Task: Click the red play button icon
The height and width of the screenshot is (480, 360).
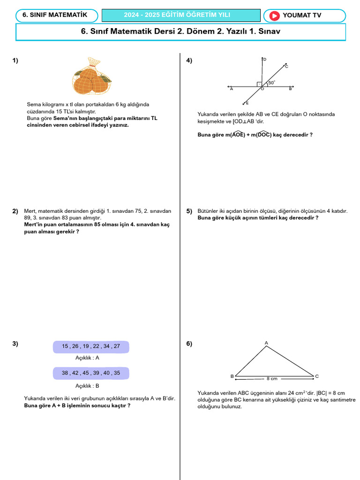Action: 274,15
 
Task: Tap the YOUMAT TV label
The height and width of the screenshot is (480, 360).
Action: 302,15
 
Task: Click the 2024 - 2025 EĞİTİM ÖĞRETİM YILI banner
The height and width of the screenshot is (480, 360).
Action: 181,15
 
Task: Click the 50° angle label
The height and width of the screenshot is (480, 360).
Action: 271,82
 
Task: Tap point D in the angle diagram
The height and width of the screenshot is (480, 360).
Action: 264,60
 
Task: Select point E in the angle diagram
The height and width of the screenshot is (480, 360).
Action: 247,103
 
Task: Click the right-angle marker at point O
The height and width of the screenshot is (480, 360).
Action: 259,85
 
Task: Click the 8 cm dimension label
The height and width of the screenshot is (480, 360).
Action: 272,378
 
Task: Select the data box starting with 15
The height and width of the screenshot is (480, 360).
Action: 91,346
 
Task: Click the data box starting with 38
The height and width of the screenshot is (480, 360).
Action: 91,373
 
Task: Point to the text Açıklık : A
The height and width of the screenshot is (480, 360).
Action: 87,358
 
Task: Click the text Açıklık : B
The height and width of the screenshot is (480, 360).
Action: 87,386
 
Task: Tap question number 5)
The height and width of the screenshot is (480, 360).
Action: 189,211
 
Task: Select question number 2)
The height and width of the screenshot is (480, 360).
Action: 15,211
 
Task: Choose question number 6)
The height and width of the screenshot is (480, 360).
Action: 189,344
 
